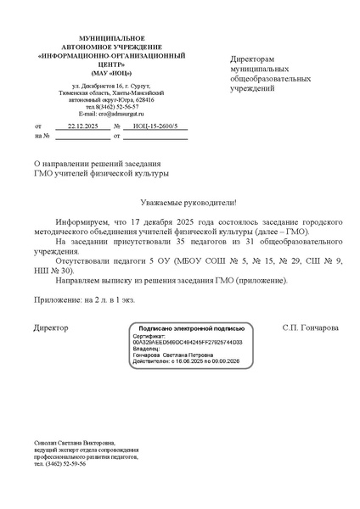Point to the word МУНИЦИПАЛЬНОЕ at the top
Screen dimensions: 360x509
click(x=99, y=40)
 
